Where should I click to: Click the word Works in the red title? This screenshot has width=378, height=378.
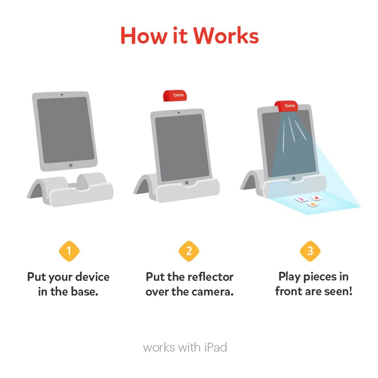point(226,35)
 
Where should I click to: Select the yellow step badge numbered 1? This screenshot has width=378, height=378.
point(69,251)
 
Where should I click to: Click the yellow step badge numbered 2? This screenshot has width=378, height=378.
point(189,251)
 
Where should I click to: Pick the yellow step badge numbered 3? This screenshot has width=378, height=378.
point(310,251)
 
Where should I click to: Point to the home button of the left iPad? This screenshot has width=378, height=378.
point(71,165)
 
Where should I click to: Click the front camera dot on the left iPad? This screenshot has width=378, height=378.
point(62,94)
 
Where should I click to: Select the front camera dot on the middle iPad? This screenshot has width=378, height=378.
point(179,112)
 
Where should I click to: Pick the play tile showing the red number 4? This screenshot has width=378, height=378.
point(316,198)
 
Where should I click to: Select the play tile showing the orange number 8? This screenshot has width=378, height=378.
point(313,204)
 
